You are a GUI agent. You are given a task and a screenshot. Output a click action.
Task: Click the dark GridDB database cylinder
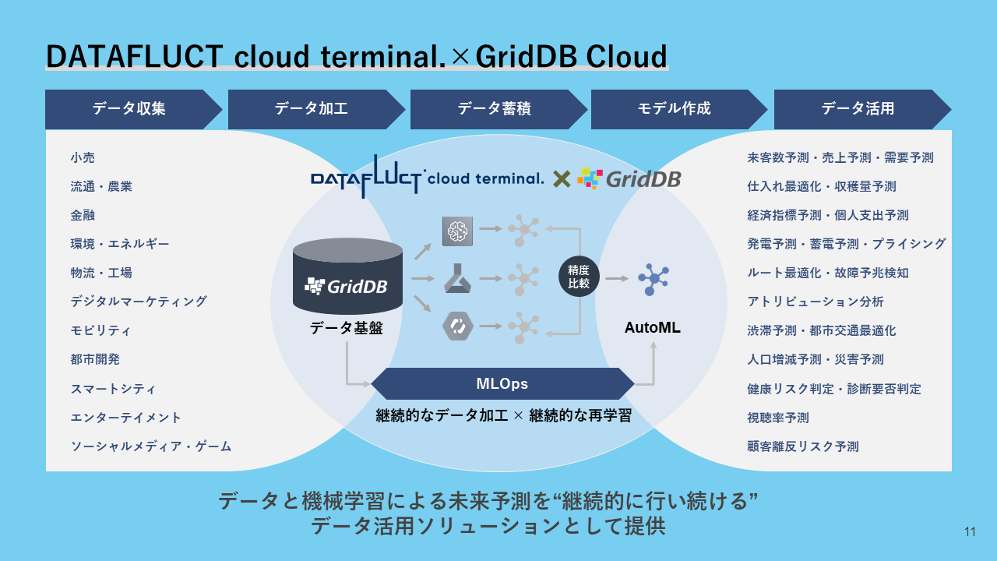point(347,276)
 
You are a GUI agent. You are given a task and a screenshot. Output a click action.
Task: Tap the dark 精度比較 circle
point(579,277)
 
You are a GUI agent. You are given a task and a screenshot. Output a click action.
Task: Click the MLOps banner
point(502,383)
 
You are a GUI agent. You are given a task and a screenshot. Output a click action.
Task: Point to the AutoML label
point(653,328)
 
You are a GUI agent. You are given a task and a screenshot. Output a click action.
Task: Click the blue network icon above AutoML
point(653,279)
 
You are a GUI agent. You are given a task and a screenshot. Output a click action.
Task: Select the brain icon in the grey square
point(457,231)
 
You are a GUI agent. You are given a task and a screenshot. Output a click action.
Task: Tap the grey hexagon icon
point(457,326)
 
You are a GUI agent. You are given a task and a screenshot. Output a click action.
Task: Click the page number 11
point(970,531)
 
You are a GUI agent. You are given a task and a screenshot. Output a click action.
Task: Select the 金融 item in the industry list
point(83,215)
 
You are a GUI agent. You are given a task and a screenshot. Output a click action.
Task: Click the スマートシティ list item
point(113,389)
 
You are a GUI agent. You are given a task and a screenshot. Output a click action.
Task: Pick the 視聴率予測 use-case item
point(778,418)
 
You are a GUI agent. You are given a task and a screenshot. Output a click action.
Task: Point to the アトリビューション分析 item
point(816,302)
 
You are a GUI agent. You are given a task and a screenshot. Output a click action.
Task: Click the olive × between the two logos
point(562,179)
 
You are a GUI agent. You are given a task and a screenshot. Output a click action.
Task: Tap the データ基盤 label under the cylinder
point(347,328)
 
